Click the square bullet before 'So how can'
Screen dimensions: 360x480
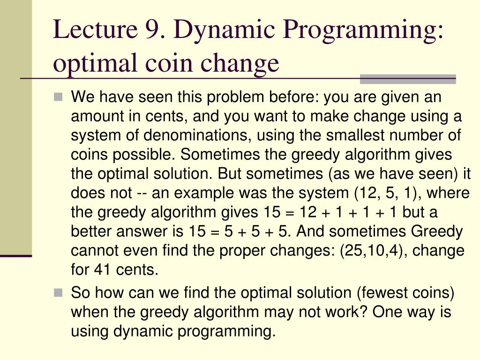[x=58, y=293]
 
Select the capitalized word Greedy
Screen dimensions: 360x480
[x=437, y=232]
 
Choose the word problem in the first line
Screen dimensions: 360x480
[x=233, y=98]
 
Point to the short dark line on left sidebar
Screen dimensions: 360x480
[x=15, y=256]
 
